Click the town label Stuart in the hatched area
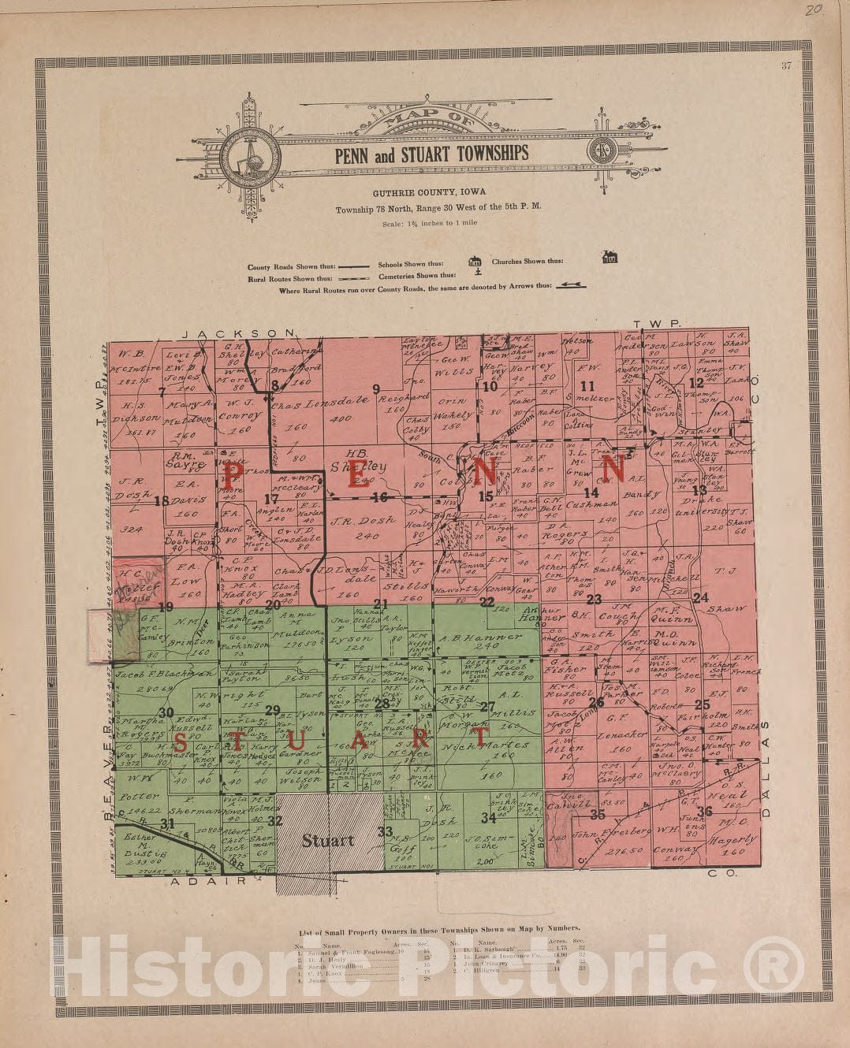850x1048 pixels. click(328, 840)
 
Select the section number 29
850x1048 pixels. click(272, 711)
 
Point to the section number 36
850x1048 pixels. click(704, 811)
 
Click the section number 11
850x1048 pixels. click(587, 386)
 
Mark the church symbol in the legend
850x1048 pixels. click(610, 258)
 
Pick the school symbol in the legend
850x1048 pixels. click(475, 262)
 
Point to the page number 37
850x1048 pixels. click(785, 66)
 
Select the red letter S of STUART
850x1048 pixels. click(181, 741)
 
